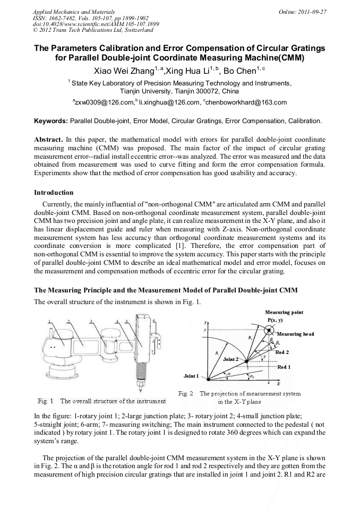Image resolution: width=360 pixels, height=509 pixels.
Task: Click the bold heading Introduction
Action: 54,192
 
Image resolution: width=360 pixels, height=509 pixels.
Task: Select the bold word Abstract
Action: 48,139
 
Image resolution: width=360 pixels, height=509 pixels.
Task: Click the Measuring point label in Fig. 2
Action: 284,313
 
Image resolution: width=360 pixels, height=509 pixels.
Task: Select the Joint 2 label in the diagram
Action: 230,359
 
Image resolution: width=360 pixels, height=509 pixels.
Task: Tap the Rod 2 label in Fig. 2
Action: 282,352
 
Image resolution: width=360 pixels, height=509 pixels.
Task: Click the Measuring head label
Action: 296,334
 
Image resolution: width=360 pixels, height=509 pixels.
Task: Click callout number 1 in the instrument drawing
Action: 49,322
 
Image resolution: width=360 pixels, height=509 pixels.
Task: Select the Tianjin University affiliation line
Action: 180,91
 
